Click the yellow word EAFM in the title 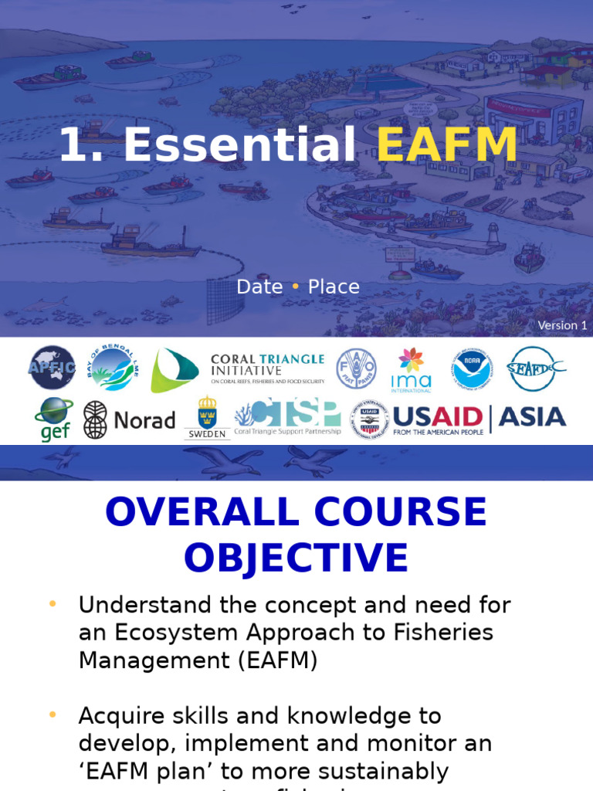pyautogui.click(x=447, y=144)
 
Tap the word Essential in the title pyautogui.click(x=239, y=144)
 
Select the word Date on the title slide pyautogui.click(x=259, y=287)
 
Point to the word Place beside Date pyautogui.click(x=334, y=287)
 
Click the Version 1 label pyautogui.click(x=562, y=325)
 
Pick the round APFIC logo pyautogui.click(x=53, y=367)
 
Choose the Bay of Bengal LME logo pyautogui.click(x=110, y=367)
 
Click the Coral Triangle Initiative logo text pyautogui.click(x=268, y=368)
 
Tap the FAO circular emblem pyautogui.click(x=356, y=368)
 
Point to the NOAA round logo pyautogui.click(x=472, y=368)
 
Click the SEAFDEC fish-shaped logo pyautogui.click(x=535, y=368)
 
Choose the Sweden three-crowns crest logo pyautogui.click(x=207, y=418)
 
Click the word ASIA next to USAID pyautogui.click(x=532, y=417)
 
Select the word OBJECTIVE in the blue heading pyautogui.click(x=296, y=556)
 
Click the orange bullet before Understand pyautogui.click(x=53, y=604)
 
